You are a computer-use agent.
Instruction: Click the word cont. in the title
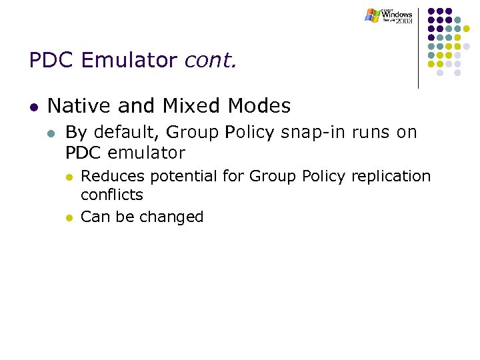(x=210, y=61)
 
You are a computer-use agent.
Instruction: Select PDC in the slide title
(x=52, y=61)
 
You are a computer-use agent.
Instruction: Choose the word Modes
(x=259, y=106)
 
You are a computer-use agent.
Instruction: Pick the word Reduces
(x=113, y=177)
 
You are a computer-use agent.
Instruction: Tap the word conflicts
(x=111, y=195)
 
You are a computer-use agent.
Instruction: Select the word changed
(x=175, y=217)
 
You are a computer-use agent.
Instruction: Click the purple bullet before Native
(x=33, y=107)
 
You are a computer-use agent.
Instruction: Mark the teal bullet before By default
(x=52, y=133)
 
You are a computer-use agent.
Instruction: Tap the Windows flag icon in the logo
(x=372, y=15)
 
